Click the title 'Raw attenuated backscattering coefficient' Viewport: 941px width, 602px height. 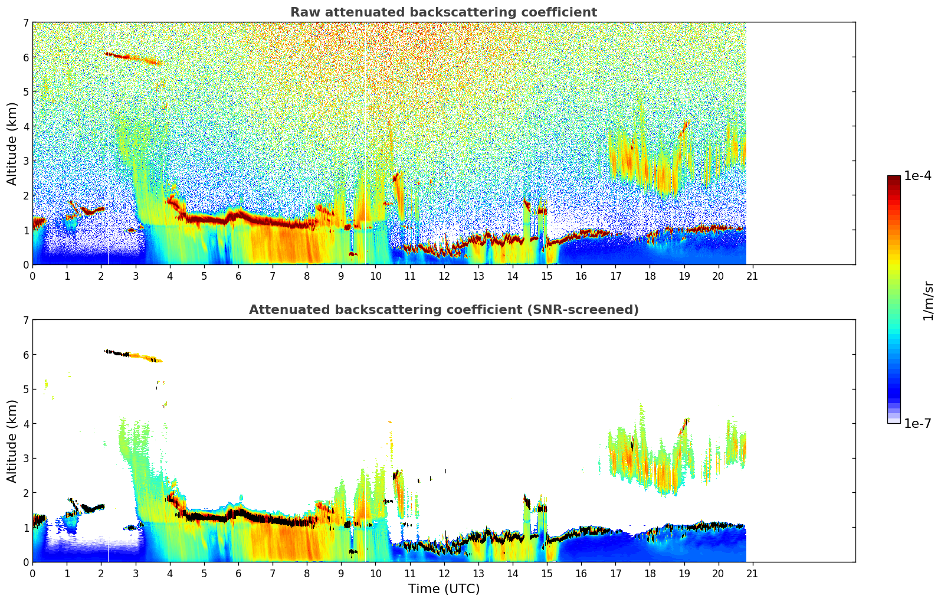click(444, 12)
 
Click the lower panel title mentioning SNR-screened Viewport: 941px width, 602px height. click(444, 310)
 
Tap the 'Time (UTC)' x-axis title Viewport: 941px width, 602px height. click(444, 589)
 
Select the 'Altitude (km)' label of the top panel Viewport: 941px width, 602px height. click(12, 143)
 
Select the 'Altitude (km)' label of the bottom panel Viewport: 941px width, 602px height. click(12, 441)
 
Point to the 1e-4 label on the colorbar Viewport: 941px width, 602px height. click(917, 176)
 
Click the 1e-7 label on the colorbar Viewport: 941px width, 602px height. click(917, 423)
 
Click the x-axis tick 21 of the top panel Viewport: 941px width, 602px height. click(752, 276)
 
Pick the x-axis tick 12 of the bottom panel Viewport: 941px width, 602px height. click(444, 573)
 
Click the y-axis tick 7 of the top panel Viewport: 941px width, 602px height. click(25, 23)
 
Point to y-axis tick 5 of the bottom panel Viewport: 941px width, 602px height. click(25, 390)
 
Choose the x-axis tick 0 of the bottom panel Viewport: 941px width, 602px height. click(32, 573)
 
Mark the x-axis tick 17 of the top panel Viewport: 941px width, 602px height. click(615, 276)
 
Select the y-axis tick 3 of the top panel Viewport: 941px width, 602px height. click(25, 161)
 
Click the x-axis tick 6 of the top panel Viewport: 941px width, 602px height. click(238, 276)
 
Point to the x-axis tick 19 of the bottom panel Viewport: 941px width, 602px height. click(684, 573)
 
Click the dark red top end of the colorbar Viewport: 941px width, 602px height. click(894, 179)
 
